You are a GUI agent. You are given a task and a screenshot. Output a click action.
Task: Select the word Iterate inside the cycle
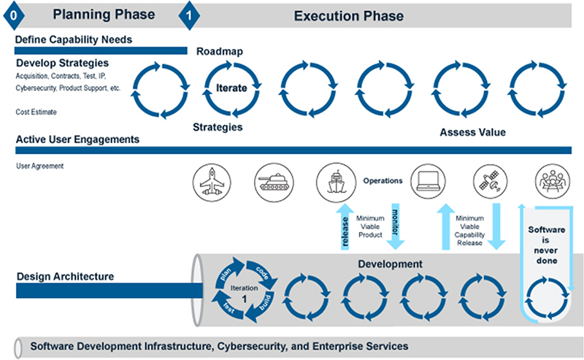(231, 88)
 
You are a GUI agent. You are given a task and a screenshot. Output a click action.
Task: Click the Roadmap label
(219, 52)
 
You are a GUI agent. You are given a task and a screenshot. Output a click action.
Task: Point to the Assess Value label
(472, 133)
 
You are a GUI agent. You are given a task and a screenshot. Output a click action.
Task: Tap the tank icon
(272, 180)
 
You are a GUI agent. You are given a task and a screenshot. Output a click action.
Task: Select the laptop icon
(428, 180)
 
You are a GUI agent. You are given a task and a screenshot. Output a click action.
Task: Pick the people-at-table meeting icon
(551, 180)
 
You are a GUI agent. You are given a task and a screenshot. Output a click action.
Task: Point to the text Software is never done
(546, 244)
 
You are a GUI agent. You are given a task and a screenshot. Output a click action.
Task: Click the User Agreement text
(40, 166)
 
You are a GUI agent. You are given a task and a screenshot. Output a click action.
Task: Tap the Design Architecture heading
(68, 277)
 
